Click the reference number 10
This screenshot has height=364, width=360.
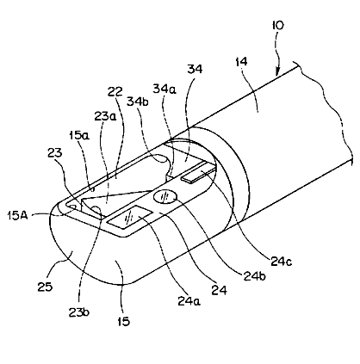coord(277,25)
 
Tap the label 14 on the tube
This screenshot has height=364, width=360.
coord(241,62)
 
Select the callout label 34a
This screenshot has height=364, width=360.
coord(164,89)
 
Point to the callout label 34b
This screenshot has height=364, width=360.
coord(138,101)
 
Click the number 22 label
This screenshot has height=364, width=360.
coord(115,92)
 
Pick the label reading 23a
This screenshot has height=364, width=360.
coord(105,116)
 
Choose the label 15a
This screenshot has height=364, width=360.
coord(78,135)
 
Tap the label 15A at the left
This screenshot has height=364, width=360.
coord(17,215)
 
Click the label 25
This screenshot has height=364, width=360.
coord(45,286)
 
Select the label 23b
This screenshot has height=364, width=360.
coord(79,312)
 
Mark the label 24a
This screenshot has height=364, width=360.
coord(189,300)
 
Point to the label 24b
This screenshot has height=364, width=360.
coord(254,276)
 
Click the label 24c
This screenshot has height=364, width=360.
coord(282,261)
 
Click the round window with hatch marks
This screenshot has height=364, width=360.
coord(164,197)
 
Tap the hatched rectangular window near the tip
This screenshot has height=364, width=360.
coord(129,218)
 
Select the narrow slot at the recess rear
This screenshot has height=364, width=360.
coord(199,175)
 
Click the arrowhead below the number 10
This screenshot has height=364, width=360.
coord(276,71)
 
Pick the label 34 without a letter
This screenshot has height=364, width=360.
coord(195,69)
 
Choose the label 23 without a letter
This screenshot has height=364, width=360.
coord(54,152)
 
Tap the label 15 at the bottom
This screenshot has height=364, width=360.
coord(124,321)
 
